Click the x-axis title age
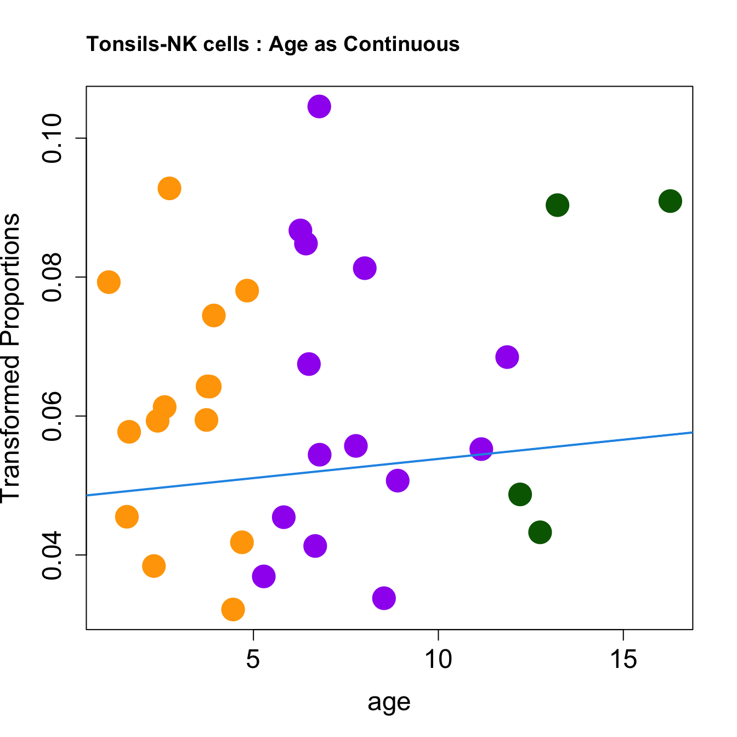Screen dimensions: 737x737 [x=389, y=701]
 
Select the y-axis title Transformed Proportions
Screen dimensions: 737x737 [x=11, y=357]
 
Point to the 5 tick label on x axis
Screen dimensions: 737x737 [x=253, y=660]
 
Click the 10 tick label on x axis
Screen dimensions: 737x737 [x=438, y=660]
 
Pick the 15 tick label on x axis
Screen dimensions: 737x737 [x=623, y=660]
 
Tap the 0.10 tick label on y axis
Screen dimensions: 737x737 [x=54, y=138]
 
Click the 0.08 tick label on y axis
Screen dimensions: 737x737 [x=54, y=277]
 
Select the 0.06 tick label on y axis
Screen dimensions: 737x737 [x=54, y=416]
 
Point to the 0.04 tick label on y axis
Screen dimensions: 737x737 [x=54, y=555]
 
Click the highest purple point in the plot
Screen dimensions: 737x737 [x=319, y=106]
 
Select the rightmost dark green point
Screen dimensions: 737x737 [x=670, y=201]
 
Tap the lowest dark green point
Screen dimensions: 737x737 [x=540, y=532]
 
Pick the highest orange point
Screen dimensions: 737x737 [x=169, y=189]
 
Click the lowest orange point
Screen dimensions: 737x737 [x=233, y=609]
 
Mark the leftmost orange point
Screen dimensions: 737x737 [x=109, y=282]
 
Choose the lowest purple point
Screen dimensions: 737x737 [x=384, y=598]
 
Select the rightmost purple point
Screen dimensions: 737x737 [x=507, y=357]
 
